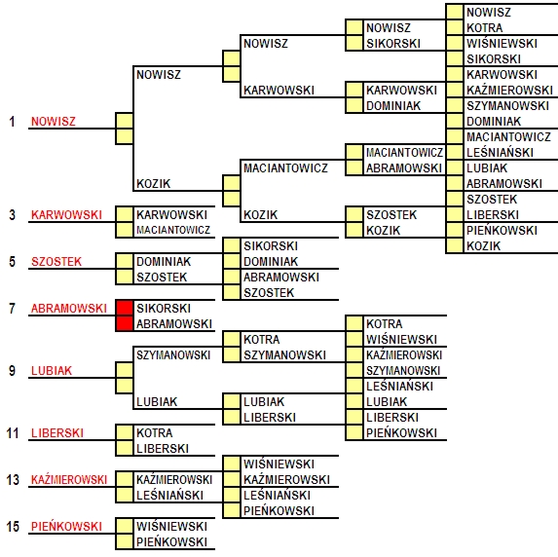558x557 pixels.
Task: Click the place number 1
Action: [x=12, y=122]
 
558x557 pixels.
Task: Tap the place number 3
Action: [x=12, y=214]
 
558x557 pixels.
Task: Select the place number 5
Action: [x=12, y=262]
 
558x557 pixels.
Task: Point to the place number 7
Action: [x=12, y=309]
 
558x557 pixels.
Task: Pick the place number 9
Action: [x=12, y=370]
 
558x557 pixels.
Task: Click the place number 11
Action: [x=12, y=432]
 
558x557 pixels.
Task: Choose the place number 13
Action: [x=12, y=480]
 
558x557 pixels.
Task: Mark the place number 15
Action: [x=12, y=527]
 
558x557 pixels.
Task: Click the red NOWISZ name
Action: [x=54, y=122]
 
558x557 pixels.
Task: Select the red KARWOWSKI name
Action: [x=66, y=214]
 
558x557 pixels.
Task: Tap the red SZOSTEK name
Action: [x=56, y=262]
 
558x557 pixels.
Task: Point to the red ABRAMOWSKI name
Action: [x=69, y=309]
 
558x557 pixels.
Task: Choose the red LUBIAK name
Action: [x=52, y=370]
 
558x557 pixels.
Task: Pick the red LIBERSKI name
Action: [x=57, y=432]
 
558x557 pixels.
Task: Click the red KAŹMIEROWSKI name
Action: [x=69, y=480]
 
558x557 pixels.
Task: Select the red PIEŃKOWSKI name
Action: [x=66, y=527]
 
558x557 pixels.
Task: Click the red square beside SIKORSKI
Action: [x=125, y=308]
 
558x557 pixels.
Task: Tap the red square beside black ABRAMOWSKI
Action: [x=125, y=323]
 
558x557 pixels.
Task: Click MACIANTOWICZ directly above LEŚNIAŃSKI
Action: [x=508, y=136]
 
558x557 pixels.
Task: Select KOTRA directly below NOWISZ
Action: [x=485, y=28]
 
